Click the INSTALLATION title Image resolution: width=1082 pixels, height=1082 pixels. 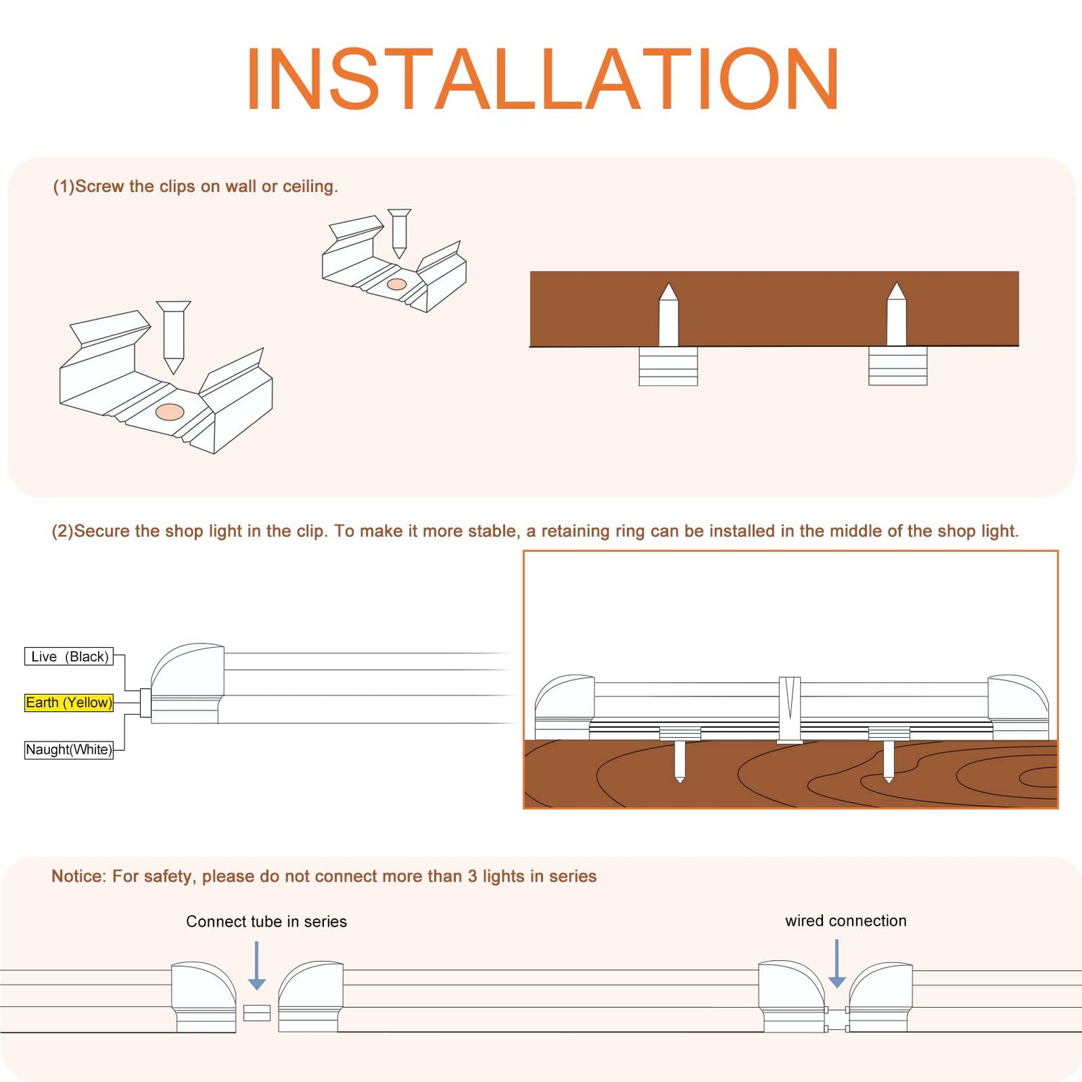tap(542, 79)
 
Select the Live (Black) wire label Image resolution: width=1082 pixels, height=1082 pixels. tap(69, 656)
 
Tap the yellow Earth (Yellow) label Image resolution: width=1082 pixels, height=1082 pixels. tap(69, 703)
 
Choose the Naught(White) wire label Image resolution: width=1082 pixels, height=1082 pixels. tap(69, 749)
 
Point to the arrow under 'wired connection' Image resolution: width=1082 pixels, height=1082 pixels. tap(837, 964)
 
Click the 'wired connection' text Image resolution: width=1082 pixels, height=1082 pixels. tap(846, 921)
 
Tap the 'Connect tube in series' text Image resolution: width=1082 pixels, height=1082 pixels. tap(266, 922)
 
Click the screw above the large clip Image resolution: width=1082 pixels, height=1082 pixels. tap(174, 337)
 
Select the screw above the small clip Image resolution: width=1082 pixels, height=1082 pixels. tap(400, 234)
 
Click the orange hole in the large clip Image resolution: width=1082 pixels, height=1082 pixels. tap(170, 413)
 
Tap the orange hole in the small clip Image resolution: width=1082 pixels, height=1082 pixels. tap(397, 284)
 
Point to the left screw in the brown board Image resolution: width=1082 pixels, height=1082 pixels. tap(669, 315)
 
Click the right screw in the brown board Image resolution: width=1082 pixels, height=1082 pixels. tap(897, 314)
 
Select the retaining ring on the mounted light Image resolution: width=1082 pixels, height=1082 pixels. tap(790, 710)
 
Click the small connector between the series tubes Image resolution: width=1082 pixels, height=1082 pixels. tap(257, 1013)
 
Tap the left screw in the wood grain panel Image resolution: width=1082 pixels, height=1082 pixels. tap(679, 762)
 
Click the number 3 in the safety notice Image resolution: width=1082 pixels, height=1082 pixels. tap(472, 876)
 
